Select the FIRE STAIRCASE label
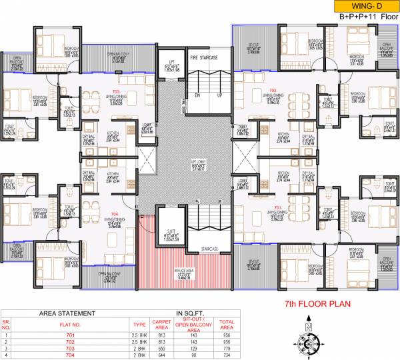point(205,58)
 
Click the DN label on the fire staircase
point(196,95)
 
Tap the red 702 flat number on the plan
point(272,89)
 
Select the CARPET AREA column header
point(161,324)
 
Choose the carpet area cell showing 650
point(161,347)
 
